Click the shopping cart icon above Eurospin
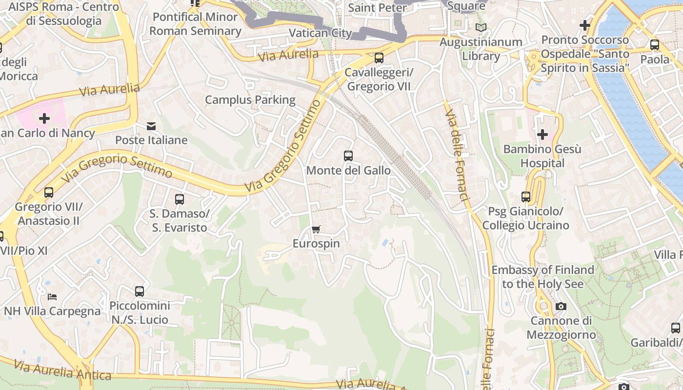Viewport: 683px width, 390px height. click(x=316, y=229)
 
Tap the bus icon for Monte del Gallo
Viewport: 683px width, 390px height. click(x=348, y=156)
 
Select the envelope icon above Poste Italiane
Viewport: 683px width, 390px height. click(x=151, y=127)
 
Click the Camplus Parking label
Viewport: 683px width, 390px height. click(x=250, y=100)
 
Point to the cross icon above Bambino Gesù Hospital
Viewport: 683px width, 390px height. click(x=542, y=135)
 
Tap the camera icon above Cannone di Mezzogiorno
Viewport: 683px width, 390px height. click(x=561, y=307)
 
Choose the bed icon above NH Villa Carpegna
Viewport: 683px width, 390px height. click(x=52, y=296)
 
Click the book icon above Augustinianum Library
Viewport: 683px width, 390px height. click(x=481, y=28)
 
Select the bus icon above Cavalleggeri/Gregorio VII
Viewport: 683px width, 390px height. click(x=379, y=58)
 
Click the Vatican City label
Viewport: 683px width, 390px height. click(x=320, y=33)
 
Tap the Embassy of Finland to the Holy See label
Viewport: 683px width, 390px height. click(x=542, y=276)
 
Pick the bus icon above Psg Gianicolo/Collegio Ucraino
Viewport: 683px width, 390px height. click(x=526, y=197)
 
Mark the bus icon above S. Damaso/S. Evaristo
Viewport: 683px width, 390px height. click(x=179, y=199)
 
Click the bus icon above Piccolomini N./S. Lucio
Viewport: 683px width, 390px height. click(x=140, y=292)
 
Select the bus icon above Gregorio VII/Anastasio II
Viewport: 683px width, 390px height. click(x=49, y=192)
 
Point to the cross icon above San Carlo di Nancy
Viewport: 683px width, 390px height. click(x=44, y=118)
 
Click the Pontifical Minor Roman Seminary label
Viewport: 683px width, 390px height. click(x=195, y=24)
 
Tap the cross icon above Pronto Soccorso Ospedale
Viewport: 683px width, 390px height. click(x=584, y=25)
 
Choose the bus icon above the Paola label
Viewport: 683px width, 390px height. click(x=655, y=45)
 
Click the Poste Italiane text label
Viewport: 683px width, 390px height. click(x=151, y=140)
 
